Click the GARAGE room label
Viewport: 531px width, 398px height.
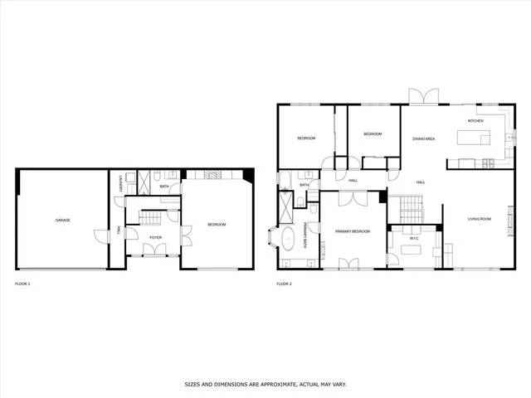click(62, 220)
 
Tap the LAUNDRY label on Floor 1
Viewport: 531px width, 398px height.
click(121, 183)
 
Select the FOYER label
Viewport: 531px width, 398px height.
click(155, 238)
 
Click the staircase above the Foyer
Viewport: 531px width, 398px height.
click(150, 218)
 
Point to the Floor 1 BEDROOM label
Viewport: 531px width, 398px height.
click(217, 225)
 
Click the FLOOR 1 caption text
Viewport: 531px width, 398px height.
click(22, 284)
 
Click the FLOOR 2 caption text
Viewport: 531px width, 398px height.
click(284, 284)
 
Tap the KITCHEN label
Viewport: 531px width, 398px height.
click(475, 121)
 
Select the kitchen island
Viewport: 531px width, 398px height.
click(470, 162)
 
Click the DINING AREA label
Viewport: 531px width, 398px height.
click(423, 138)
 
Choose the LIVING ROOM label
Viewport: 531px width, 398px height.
click(479, 219)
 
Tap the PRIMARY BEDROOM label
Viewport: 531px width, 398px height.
click(352, 231)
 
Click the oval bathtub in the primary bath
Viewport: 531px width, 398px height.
click(288, 240)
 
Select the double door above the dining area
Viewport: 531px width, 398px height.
click(425, 97)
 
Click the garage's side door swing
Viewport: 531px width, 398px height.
click(100, 236)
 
